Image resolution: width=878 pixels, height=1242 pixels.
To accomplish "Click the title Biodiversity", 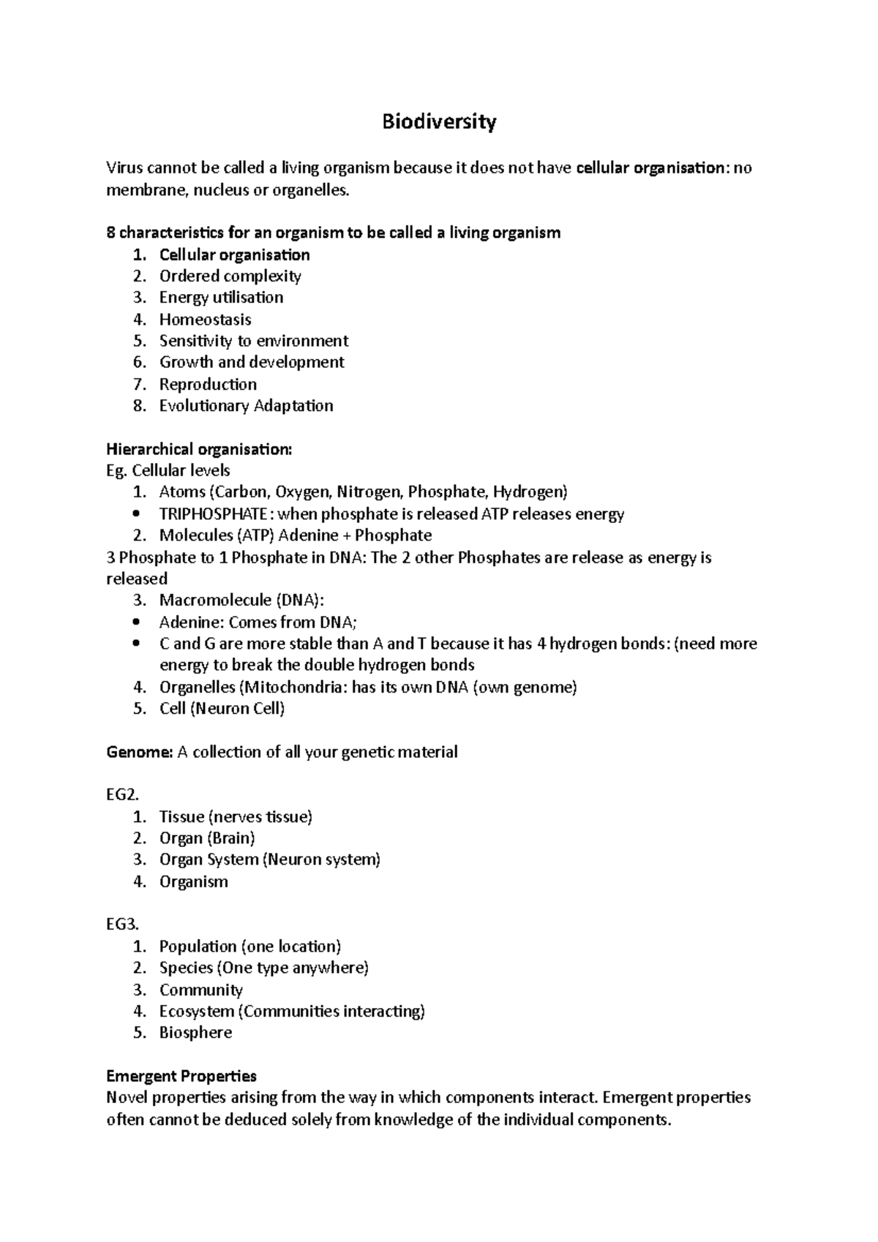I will tap(439, 121).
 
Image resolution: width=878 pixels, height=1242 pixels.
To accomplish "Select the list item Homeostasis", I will tap(205, 320).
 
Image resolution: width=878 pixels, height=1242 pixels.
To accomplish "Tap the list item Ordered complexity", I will tap(230, 276).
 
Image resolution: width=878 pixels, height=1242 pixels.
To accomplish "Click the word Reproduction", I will tap(208, 385).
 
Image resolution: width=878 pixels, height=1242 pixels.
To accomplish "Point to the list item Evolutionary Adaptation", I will tap(246, 406).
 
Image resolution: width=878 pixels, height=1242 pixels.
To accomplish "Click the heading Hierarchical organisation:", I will tap(198, 449).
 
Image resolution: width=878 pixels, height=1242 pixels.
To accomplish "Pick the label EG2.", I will tap(121, 795).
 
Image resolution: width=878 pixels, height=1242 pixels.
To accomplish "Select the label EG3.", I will tap(121, 925).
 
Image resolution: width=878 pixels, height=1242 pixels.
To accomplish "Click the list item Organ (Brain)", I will tap(207, 838).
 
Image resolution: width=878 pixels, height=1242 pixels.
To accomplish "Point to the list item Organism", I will tap(193, 882).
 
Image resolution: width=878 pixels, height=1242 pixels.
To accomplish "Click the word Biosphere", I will tap(195, 1033).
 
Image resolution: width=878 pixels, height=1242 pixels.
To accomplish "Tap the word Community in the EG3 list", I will tap(200, 990).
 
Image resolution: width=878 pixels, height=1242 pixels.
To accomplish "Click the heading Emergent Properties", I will tap(181, 1077).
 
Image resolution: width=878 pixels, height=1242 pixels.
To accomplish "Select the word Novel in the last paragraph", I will tap(127, 1098).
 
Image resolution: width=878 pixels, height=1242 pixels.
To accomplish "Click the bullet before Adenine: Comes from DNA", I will tap(137, 622).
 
